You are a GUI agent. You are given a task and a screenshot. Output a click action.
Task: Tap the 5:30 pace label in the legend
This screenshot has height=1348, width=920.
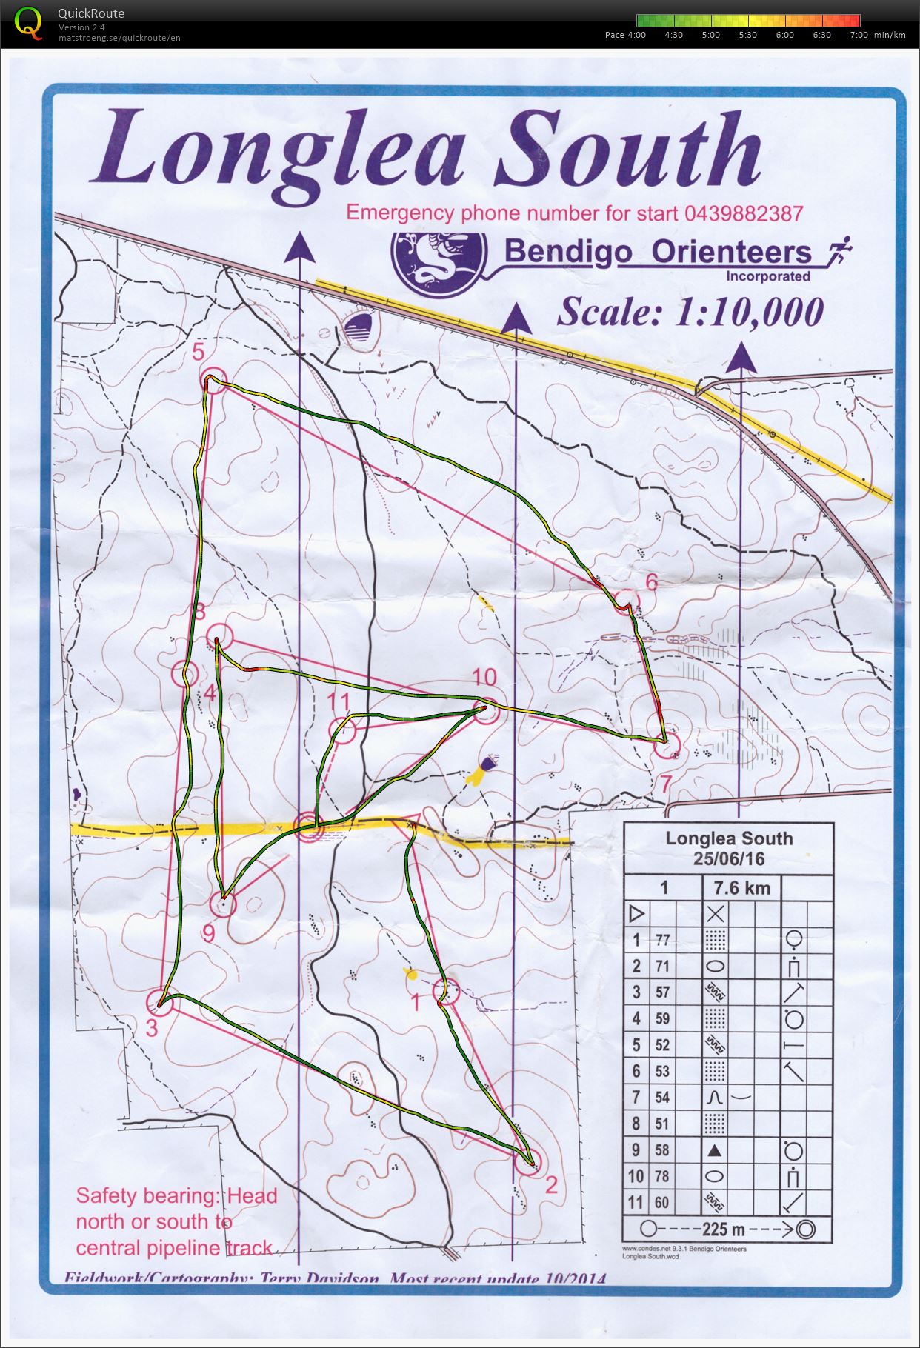coord(747,35)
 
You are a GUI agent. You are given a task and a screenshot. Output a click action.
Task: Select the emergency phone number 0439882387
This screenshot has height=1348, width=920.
coord(744,214)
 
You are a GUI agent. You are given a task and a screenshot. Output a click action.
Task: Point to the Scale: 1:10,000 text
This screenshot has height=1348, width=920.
coord(690,312)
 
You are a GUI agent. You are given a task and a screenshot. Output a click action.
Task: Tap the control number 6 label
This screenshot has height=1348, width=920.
coord(651,582)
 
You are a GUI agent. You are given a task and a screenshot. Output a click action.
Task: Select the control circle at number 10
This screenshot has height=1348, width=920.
coord(484,712)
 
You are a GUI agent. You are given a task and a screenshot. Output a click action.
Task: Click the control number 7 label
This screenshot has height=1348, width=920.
coord(666,783)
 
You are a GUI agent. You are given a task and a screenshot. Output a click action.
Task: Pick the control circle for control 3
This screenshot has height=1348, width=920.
coord(159,1001)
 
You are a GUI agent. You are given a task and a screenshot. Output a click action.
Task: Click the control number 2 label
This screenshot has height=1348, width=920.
coord(551,1184)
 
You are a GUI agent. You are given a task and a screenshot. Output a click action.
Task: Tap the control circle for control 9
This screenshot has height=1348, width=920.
coord(223,904)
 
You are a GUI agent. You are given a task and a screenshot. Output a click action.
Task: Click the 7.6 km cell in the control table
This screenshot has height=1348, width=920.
coord(741,887)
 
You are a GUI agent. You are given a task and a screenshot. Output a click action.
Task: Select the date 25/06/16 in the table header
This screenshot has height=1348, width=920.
coord(729,859)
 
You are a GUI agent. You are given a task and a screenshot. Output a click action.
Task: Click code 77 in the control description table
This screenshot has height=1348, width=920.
coord(661,940)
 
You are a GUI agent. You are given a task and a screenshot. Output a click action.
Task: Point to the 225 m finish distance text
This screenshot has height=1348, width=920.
coord(724,1229)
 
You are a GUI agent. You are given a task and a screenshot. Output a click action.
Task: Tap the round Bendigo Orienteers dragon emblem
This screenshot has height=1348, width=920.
coord(439,263)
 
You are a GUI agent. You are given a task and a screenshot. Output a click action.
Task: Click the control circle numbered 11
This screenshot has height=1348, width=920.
coord(342,730)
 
